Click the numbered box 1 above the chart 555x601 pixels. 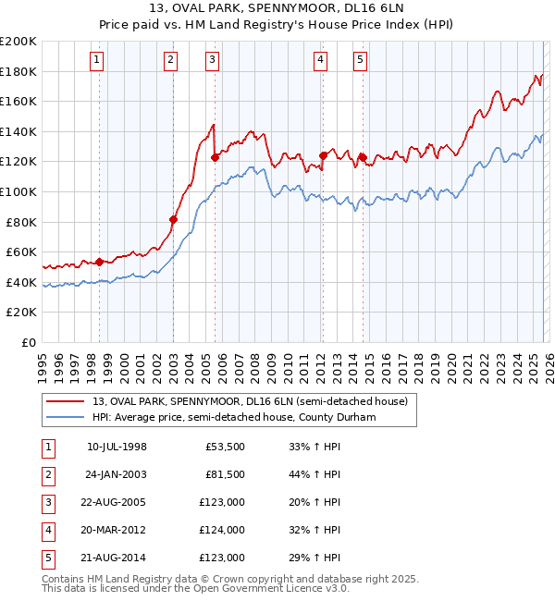pyautogui.click(x=97, y=60)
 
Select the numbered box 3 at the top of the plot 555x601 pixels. pyautogui.click(x=213, y=60)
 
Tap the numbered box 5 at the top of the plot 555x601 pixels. pyautogui.click(x=360, y=60)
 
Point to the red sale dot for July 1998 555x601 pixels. pyautogui.click(x=100, y=262)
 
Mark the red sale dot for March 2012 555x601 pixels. pyautogui.click(x=323, y=155)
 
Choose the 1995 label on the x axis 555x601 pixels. pyautogui.click(x=43, y=363)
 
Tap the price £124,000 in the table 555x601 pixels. pyautogui.click(x=222, y=530)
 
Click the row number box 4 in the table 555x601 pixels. pyautogui.click(x=47, y=530)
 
